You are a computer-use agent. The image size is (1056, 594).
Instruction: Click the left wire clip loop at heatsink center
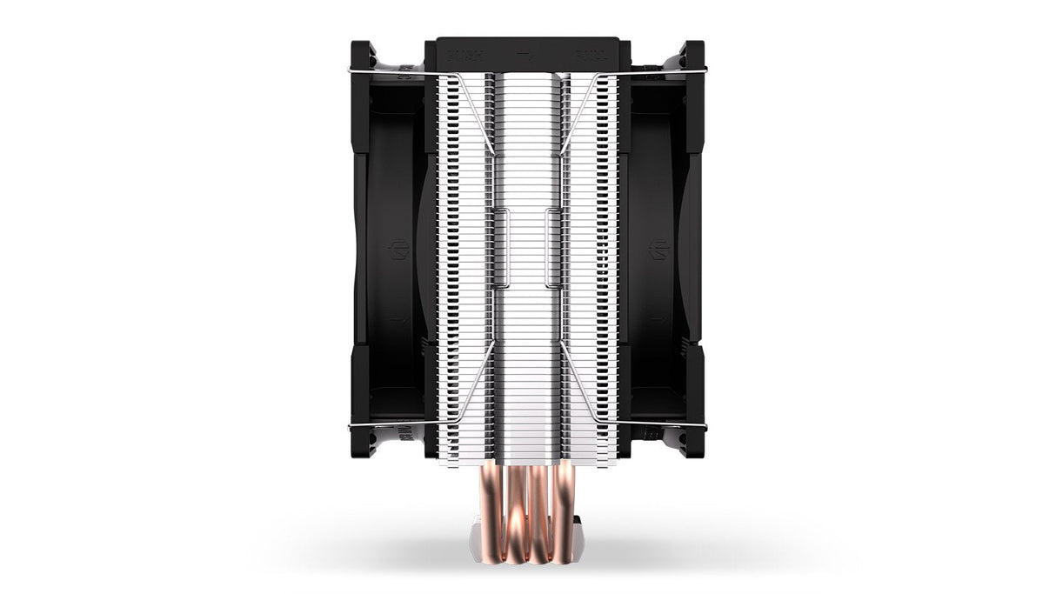(x=502, y=248)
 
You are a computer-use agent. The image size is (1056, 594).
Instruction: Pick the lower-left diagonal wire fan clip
(x=474, y=383)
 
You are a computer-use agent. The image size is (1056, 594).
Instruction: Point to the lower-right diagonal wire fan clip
(x=580, y=383)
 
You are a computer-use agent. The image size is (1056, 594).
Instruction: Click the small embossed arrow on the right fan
(x=658, y=320)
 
